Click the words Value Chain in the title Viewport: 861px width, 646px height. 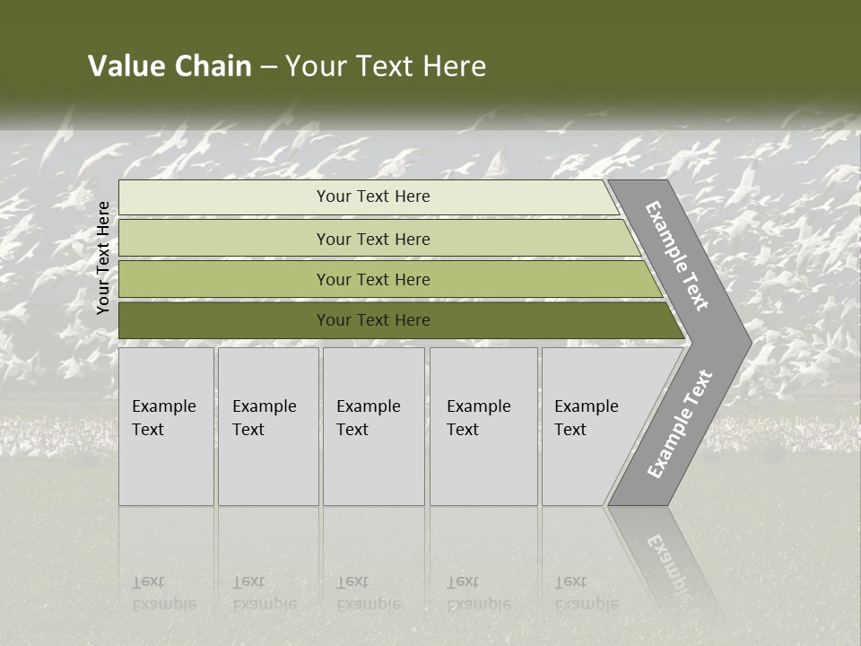click(x=170, y=66)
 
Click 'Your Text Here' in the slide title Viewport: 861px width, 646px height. click(x=386, y=66)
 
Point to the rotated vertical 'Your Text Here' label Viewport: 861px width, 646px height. click(x=103, y=258)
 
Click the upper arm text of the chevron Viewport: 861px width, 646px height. click(x=677, y=256)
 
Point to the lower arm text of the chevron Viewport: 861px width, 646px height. click(x=680, y=423)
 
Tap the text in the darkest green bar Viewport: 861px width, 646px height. click(x=373, y=320)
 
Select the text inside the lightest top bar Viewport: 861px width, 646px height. click(x=373, y=196)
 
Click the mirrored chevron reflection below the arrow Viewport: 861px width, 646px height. click(x=664, y=556)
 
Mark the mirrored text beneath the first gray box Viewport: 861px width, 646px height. click(x=161, y=593)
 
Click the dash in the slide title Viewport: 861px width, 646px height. click(x=268, y=67)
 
